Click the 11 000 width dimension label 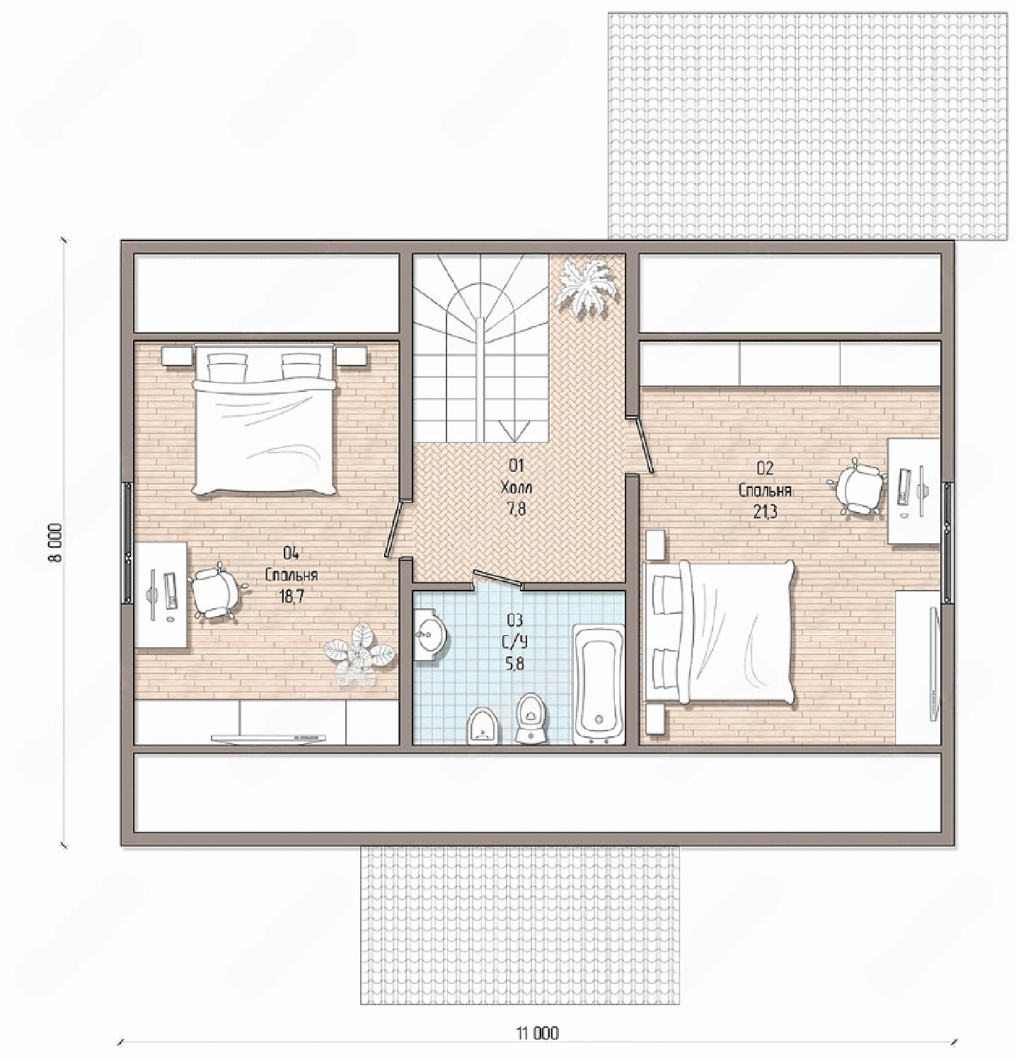coord(537,1033)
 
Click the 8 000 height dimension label coord(57,543)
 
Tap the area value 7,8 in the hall coord(516,509)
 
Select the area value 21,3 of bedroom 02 coord(765,511)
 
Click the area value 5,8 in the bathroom coord(515,663)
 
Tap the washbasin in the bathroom coord(429,634)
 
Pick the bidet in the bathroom coord(483,725)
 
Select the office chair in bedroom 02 coord(858,487)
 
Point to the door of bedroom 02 coord(643,444)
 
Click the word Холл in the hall coord(516,487)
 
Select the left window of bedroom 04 coord(127,543)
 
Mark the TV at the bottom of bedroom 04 coord(269,738)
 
